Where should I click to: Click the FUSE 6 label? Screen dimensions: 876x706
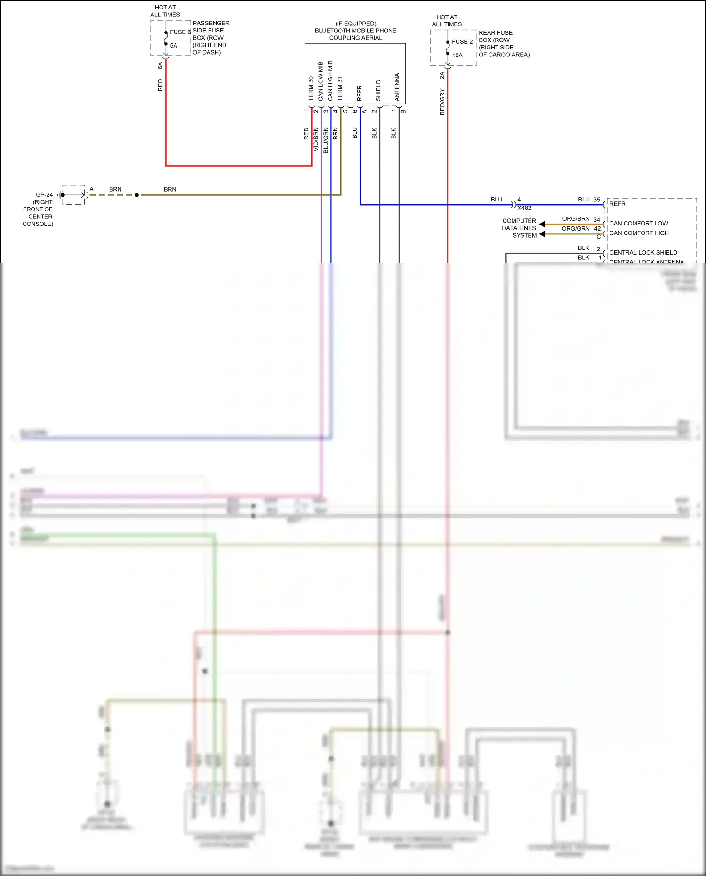(x=180, y=32)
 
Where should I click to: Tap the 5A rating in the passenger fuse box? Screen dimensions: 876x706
(x=174, y=46)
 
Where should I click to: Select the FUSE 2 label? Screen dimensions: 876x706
(x=462, y=42)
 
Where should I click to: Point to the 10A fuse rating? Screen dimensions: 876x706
(x=457, y=56)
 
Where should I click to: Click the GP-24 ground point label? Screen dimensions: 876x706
(x=44, y=195)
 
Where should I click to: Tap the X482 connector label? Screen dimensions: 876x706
(x=524, y=208)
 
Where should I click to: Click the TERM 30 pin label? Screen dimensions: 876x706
(x=311, y=88)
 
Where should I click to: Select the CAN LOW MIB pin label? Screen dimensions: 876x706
(x=321, y=81)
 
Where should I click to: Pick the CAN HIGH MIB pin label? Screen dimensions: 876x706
(x=330, y=80)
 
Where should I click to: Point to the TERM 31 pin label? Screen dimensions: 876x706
(x=340, y=88)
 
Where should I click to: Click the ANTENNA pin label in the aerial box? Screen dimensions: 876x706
(x=397, y=87)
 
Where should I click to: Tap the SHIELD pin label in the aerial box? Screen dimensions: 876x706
(x=378, y=90)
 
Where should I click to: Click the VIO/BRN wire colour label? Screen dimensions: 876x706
(x=316, y=139)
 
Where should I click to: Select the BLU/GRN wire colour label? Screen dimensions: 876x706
(x=325, y=140)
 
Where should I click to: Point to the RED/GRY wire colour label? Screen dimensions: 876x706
(x=442, y=102)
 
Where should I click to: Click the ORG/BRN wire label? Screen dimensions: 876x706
(x=576, y=219)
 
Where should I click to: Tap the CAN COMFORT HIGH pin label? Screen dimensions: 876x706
(x=639, y=233)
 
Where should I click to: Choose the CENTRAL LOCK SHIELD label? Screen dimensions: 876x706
(x=643, y=253)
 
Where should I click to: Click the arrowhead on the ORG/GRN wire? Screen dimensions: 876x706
(x=542, y=234)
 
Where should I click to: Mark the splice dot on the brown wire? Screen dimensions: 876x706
(x=136, y=195)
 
